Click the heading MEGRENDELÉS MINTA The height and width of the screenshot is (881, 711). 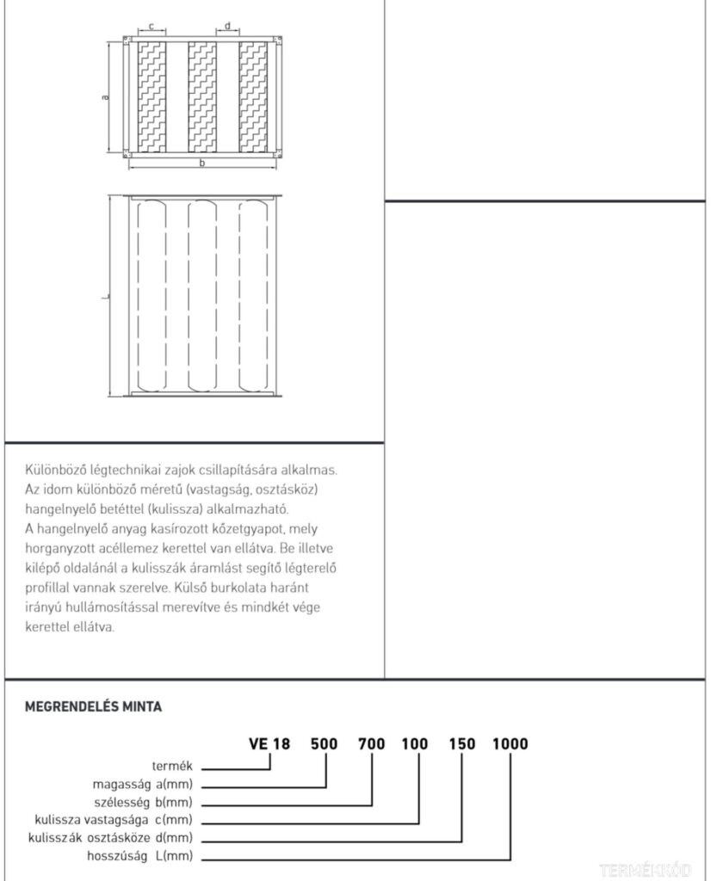94,707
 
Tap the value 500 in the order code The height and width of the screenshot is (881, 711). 325,743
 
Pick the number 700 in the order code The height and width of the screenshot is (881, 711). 371,743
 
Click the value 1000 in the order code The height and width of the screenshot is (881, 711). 510,743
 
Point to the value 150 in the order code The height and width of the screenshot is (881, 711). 461,743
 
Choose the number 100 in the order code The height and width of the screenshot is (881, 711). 416,743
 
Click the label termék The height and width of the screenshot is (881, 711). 176,766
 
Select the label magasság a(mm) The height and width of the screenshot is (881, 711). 142,784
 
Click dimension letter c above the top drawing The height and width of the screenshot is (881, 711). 151,27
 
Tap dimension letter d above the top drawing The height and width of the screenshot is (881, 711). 227,27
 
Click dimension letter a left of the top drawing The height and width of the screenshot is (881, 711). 105,97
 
